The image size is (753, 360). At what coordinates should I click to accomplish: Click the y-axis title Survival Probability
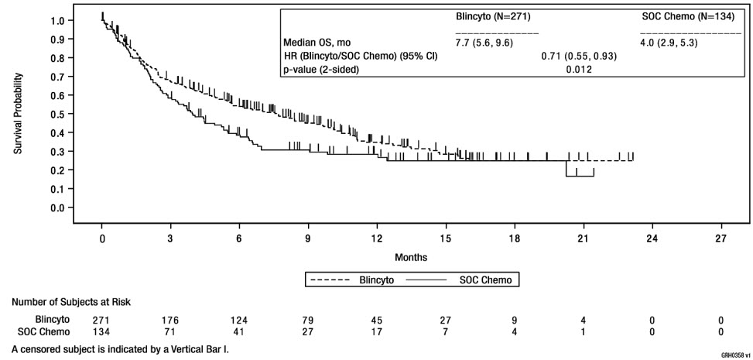pos(18,113)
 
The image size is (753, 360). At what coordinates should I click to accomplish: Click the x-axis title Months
pos(411,255)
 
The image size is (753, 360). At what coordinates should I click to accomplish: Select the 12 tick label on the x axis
pos(377,238)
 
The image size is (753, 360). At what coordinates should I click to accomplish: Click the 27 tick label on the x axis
pos(720,238)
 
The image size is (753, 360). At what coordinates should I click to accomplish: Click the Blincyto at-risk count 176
pos(170,319)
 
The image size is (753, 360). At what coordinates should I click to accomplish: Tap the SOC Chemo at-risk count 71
pos(170,331)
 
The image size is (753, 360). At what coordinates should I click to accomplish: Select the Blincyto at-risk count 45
pos(377,319)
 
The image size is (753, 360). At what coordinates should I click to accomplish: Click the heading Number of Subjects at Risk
pos(70,301)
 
